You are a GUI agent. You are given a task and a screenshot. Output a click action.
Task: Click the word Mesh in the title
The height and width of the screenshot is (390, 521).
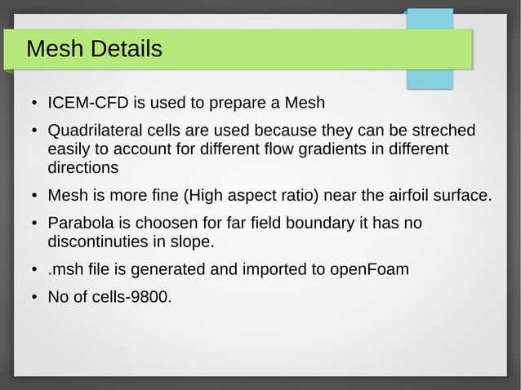[x=56, y=49]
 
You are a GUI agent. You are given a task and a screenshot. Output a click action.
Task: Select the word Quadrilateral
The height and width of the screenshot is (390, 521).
[x=94, y=131]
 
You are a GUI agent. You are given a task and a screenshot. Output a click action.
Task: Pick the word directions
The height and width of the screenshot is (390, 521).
[x=83, y=168]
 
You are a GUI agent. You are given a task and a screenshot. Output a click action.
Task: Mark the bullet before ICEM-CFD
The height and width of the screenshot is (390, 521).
[x=35, y=104]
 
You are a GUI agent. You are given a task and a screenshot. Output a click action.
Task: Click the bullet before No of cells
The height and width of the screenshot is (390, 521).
[x=35, y=298]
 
